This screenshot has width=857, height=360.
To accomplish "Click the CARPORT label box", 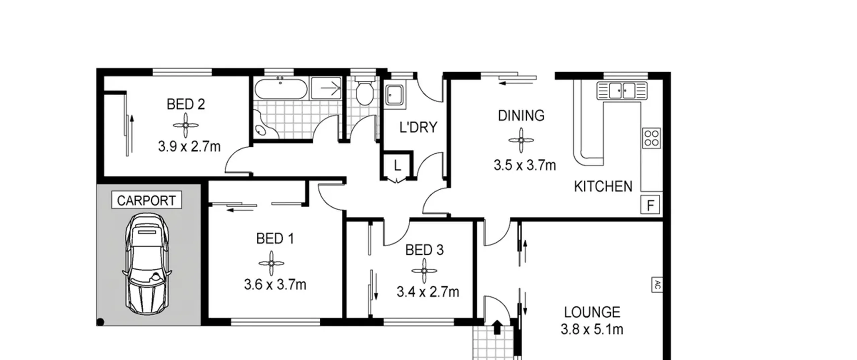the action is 147,200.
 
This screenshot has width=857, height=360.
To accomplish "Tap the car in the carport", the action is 147,264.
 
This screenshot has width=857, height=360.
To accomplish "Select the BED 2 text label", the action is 186,104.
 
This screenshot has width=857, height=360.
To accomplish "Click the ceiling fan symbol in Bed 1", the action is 271,264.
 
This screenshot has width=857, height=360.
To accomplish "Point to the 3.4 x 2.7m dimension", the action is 428,292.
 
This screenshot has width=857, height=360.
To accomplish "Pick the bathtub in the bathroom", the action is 281,88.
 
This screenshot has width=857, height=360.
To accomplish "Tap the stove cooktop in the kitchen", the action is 651,138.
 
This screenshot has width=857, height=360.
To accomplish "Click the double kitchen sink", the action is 622,90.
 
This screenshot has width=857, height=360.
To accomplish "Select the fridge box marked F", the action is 650,205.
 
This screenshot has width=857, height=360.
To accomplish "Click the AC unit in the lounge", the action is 657,285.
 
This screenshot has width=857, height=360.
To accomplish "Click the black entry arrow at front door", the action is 497,327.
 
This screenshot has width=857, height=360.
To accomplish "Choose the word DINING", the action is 521,116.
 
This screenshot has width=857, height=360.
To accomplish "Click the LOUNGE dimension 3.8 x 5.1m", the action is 592,330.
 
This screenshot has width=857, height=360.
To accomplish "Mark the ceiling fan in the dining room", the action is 521,140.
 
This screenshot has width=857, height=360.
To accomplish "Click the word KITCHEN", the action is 603,187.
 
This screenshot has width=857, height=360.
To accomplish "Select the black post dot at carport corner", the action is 100,322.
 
